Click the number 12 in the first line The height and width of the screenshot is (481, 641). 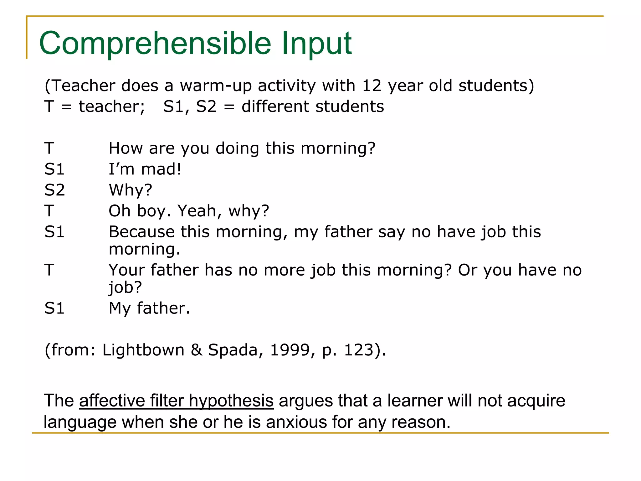pyautogui.click(x=372, y=85)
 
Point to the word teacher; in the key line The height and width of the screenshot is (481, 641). pyautogui.click(x=112, y=106)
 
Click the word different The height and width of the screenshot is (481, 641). pyautogui.click(x=275, y=106)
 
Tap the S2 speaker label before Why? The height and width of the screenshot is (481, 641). pyautogui.click(x=54, y=190)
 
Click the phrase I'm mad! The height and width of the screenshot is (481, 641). pyautogui.click(x=145, y=169)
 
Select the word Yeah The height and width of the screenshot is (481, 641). pyautogui.click(x=200, y=211)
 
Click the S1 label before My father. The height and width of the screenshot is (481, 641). pyautogui.click(x=54, y=308)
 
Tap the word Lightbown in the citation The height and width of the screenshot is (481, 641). pyautogui.click(x=143, y=350)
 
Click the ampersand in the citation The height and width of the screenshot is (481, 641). pyautogui.click(x=196, y=350)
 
